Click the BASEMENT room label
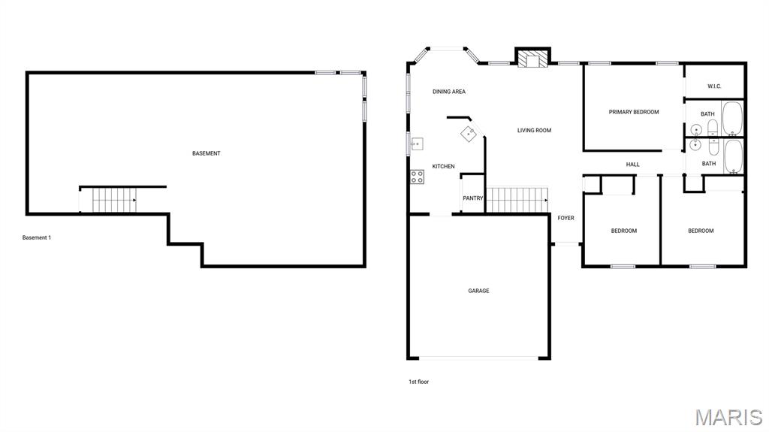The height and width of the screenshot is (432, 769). point(206,154)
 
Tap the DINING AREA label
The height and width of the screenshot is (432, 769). point(449,92)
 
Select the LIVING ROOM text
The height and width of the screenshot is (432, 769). point(534,131)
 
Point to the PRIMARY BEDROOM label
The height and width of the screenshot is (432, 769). point(634,113)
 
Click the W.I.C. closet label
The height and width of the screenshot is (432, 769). point(714,86)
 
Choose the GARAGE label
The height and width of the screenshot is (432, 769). point(478,291)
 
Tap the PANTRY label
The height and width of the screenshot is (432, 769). point(473,198)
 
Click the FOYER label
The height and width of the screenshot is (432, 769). point(565,218)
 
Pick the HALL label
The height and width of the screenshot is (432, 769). point(632,165)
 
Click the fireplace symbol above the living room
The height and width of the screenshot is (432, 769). point(532,59)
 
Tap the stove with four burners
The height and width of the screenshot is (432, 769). point(418,177)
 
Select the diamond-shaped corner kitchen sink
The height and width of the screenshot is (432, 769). point(469,134)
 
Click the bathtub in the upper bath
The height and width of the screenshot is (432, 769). point(732,119)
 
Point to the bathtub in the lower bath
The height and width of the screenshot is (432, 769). point(734,157)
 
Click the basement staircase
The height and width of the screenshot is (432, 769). point(114,201)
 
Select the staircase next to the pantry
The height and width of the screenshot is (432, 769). point(517,199)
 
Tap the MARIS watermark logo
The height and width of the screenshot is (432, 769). point(728,417)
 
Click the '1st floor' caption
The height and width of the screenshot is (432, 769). point(419,382)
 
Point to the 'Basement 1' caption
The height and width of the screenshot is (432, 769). point(37,237)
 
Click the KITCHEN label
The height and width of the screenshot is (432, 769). point(443,167)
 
